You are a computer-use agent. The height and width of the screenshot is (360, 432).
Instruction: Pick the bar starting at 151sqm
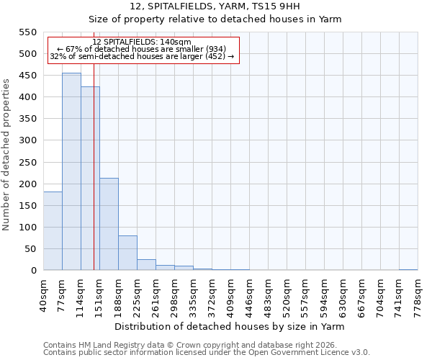[109, 224]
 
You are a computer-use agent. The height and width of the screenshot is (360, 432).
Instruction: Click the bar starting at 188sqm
[127, 253]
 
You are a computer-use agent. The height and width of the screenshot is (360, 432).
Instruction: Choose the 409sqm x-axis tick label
[230, 294]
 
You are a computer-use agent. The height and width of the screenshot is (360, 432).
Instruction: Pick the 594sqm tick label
[324, 294]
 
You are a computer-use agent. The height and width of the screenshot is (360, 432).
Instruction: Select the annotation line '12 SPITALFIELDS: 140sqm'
[142, 42]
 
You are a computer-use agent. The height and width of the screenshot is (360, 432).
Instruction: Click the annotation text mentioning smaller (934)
[142, 49]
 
